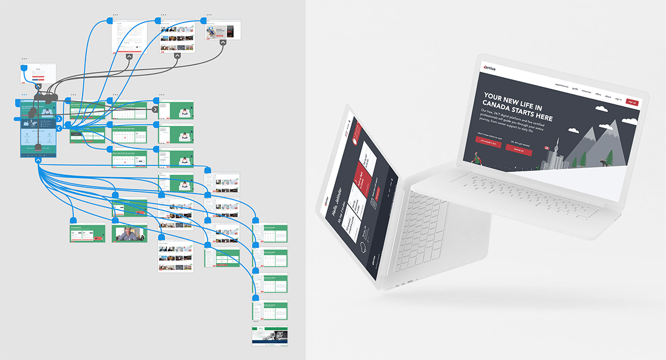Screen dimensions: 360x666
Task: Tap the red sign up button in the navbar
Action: (632, 102)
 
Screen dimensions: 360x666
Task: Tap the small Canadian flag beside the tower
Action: (547, 149)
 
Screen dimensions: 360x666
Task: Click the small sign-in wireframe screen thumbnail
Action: (38, 73)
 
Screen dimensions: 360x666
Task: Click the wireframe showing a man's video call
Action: (129, 233)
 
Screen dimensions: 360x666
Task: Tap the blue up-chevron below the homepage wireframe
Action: (38, 160)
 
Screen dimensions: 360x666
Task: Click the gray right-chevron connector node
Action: (155, 109)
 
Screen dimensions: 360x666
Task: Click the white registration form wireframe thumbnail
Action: (129, 37)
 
